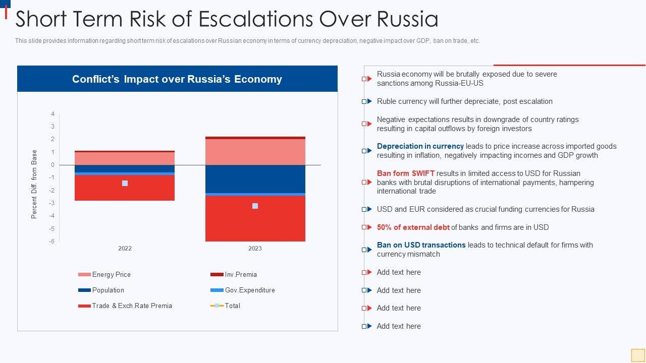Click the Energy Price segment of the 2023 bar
pyautogui.click(x=255, y=152)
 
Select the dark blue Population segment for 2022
pyautogui.click(x=125, y=168)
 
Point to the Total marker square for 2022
pyautogui.click(x=125, y=183)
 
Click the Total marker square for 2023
pyautogui.click(x=255, y=206)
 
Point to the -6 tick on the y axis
pyautogui.click(x=51, y=241)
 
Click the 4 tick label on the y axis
pyautogui.click(x=52, y=114)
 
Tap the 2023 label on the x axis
pyautogui.click(x=255, y=249)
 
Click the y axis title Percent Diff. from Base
pyautogui.click(x=34, y=184)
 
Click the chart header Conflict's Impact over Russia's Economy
pyautogui.click(x=177, y=79)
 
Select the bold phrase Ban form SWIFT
pyautogui.click(x=405, y=173)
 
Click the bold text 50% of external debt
pyautogui.click(x=413, y=227)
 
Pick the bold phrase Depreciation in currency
pyautogui.click(x=420, y=146)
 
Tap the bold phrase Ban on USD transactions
pyautogui.click(x=421, y=245)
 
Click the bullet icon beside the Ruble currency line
pyautogui.click(x=366, y=101)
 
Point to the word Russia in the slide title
pyautogui.click(x=407, y=19)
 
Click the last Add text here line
pyautogui.click(x=399, y=326)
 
